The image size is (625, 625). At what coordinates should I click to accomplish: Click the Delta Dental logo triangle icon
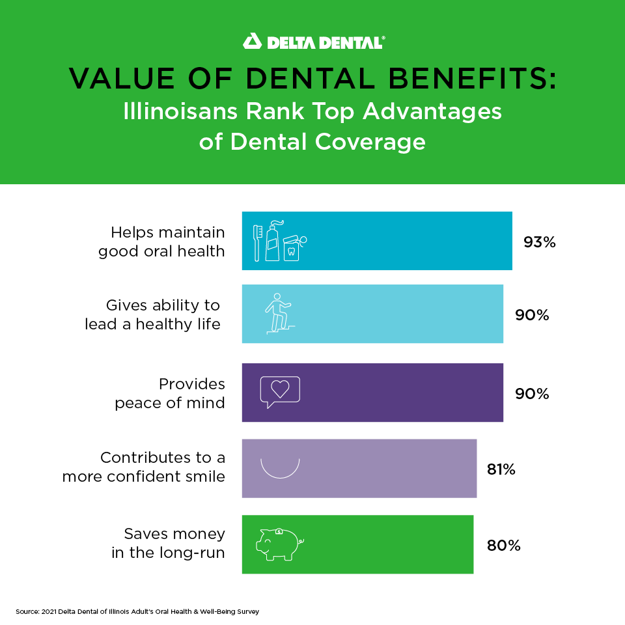251,42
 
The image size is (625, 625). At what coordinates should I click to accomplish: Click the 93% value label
539,242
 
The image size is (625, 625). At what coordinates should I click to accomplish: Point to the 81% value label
501,469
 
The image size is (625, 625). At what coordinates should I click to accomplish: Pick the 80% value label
503,546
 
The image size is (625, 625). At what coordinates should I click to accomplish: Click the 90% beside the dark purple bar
532,394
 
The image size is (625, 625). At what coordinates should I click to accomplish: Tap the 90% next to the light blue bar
532,315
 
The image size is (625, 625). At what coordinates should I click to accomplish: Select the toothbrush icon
257,243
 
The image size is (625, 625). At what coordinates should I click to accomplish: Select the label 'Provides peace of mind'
169,393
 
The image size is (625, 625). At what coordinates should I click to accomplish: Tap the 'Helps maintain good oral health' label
161,242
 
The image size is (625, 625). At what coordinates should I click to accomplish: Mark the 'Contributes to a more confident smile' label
144,467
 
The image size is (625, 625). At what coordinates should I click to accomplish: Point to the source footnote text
137,612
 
